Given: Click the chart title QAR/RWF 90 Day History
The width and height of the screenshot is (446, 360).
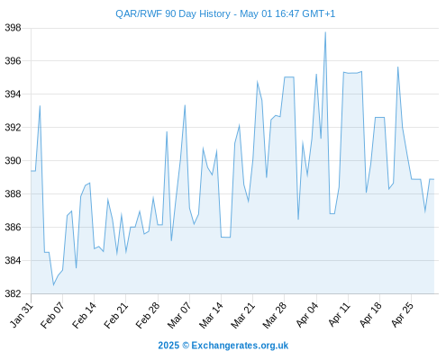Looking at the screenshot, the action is click(173, 13).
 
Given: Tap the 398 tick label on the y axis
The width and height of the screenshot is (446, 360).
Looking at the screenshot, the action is click(13, 28).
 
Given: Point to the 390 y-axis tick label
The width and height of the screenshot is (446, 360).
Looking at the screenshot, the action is click(13, 161).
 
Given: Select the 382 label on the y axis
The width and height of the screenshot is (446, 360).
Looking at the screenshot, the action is click(13, 293).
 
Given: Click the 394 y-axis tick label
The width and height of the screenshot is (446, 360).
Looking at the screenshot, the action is click(13, 94).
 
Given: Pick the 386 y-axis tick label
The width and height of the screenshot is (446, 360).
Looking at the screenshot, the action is click(13, 227).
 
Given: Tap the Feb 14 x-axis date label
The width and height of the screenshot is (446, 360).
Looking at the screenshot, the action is click(84, 315).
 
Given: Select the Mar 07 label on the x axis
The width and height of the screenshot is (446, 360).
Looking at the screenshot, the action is click(179, 315).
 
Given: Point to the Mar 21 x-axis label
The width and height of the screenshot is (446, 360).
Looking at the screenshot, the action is click(242, 315).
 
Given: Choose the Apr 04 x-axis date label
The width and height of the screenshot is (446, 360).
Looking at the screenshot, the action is click(307, 315).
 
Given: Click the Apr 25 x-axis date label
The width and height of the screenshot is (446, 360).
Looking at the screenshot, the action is click(402, 315).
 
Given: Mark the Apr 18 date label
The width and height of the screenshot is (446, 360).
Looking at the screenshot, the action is click(370, 315).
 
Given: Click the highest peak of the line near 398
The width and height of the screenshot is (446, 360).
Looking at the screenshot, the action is click(325, 32).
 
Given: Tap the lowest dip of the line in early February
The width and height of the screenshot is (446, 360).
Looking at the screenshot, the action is click(53, 285).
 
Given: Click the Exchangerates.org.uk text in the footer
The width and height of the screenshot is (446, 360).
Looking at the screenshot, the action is click(240, 346).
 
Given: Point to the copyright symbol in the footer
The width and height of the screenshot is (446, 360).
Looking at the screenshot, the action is click(186, 346).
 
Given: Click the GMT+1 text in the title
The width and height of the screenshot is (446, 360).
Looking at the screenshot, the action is click(318, 13).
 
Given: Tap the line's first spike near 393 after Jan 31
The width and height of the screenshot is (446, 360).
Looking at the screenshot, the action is click(40, 105).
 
